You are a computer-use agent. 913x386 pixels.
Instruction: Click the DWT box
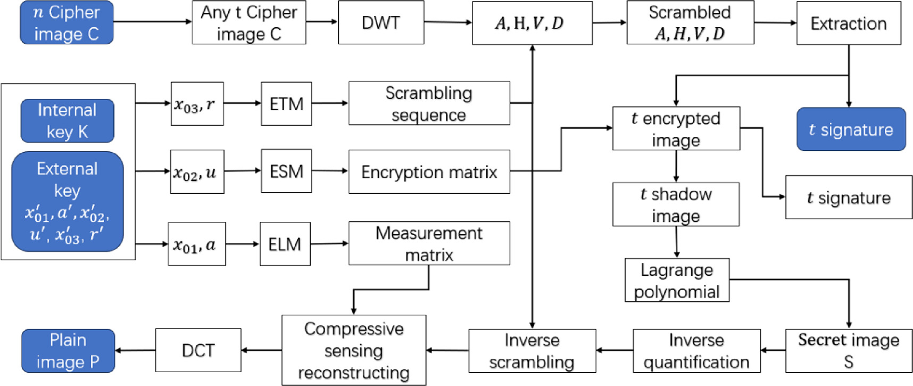381,22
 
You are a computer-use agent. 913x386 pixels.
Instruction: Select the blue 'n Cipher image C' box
67,22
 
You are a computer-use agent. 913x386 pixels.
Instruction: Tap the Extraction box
848,23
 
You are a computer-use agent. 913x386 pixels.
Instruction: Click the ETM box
286,104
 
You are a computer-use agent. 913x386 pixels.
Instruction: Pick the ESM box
286,171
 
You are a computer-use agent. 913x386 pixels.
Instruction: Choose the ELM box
285,244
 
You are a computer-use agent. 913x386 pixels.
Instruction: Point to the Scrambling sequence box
429,104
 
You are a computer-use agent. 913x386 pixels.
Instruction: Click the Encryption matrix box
429,172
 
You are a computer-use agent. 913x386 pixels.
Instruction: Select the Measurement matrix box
429,244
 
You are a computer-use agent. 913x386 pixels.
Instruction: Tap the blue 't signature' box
850,129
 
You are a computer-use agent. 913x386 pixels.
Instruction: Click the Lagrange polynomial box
676,281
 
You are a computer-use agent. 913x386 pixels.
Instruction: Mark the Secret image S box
848,350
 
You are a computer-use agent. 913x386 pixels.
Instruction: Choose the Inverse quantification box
696,350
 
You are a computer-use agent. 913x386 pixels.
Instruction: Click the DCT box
198,350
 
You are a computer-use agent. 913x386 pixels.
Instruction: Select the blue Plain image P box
68,350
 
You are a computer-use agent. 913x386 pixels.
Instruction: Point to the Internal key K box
67,121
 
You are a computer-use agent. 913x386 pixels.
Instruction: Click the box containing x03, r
197,104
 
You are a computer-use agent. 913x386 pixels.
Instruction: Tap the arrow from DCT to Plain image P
135,350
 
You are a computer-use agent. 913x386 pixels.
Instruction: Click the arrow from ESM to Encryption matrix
330,171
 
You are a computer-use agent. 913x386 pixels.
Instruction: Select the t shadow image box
676,204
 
